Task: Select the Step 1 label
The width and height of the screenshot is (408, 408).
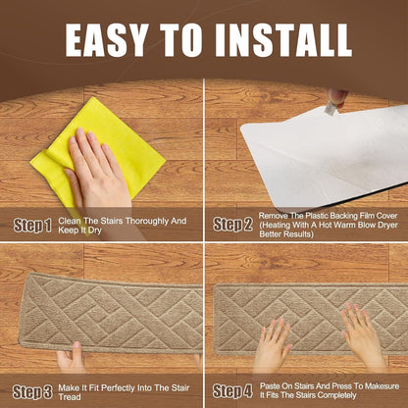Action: [x=32, y=226]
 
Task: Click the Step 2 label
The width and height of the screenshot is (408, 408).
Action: [x=232, y=225]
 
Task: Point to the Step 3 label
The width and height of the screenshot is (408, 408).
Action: [x=32, y=392]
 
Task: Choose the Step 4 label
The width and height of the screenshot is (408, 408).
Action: [x=232, y=391]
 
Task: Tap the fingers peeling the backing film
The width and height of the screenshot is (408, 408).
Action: [x=336, y=98]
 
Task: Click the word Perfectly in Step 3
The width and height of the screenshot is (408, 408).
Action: [x=119, y=388]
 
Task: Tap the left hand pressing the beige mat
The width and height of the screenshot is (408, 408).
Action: [x=272, y=346]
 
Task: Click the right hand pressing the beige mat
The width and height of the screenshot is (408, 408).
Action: [x=363, y=336]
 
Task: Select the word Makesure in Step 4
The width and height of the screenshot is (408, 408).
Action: [x=382, y=386]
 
